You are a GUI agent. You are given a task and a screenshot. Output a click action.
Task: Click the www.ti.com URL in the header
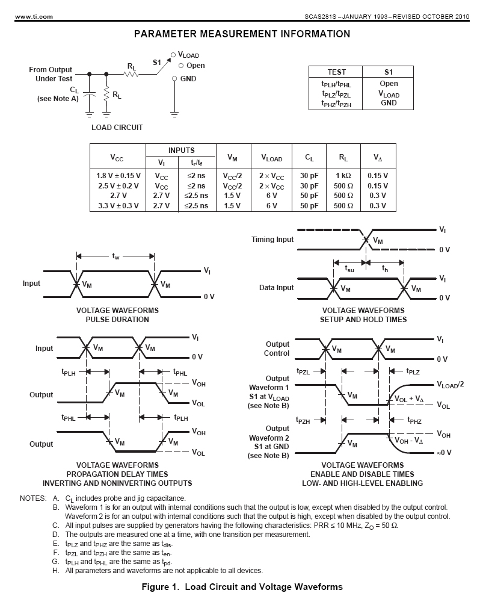tap(21, 16)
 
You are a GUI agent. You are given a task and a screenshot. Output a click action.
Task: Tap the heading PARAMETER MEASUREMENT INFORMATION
tap(242, 34)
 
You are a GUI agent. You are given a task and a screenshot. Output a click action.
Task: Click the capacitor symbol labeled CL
tap(90, 94)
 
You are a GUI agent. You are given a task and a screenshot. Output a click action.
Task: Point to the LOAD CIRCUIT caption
tap(117, 127)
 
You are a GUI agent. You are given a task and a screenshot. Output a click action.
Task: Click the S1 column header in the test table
tap(389, 72)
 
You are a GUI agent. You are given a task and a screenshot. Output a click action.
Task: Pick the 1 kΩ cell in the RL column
tap(343, 176)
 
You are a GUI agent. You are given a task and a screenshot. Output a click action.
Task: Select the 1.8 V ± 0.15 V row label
tap(118, 176)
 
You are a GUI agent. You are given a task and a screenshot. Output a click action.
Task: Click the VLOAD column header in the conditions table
tap(271, 158)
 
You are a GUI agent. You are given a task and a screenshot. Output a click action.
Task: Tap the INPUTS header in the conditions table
tap(181, 150)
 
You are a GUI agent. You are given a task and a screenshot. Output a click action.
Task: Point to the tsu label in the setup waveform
tap(349, 269)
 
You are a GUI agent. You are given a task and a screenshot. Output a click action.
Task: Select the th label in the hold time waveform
tap(385, 269)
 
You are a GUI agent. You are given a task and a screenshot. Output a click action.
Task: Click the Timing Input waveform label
tap(272, 240)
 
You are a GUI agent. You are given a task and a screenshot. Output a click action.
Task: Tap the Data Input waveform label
tap(277, 288)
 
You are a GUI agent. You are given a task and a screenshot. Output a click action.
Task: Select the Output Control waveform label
tap(277, 349)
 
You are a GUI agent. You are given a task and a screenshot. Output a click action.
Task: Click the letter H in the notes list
tap(55, 571)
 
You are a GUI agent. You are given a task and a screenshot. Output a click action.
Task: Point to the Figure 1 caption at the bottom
tap(242, 587)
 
